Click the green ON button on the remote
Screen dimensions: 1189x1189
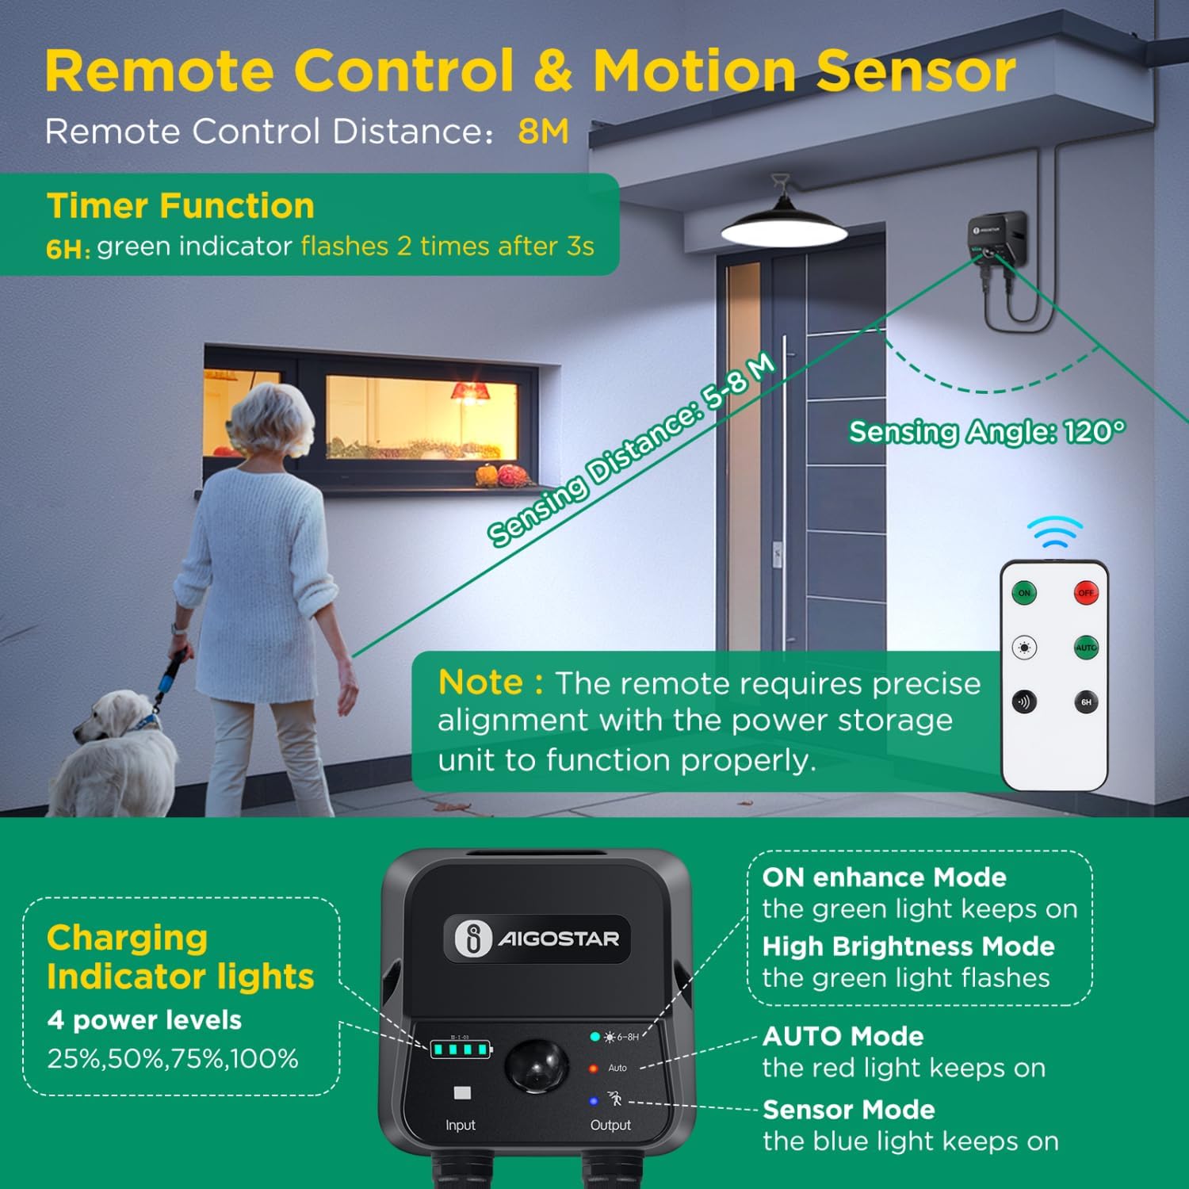point(1024,593)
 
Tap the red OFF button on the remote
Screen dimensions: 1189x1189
point(1086,593)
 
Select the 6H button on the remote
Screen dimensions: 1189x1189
point(1086,702)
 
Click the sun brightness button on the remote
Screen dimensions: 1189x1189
point(1024,648)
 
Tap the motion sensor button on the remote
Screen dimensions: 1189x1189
point(1024,702)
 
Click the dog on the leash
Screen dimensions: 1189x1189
point(119,753)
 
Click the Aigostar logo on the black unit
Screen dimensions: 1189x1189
point(537,939)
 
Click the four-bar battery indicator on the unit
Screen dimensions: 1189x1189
point(461,1050)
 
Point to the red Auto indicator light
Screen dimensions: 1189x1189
point(593,1069)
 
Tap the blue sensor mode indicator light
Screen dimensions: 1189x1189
point(594,1101)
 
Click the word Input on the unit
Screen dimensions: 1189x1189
point(461,1126)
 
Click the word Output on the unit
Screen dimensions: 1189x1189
point(610,1126)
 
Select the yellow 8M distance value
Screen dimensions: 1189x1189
point(544,132)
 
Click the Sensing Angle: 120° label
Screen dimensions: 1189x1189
point(987,432)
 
